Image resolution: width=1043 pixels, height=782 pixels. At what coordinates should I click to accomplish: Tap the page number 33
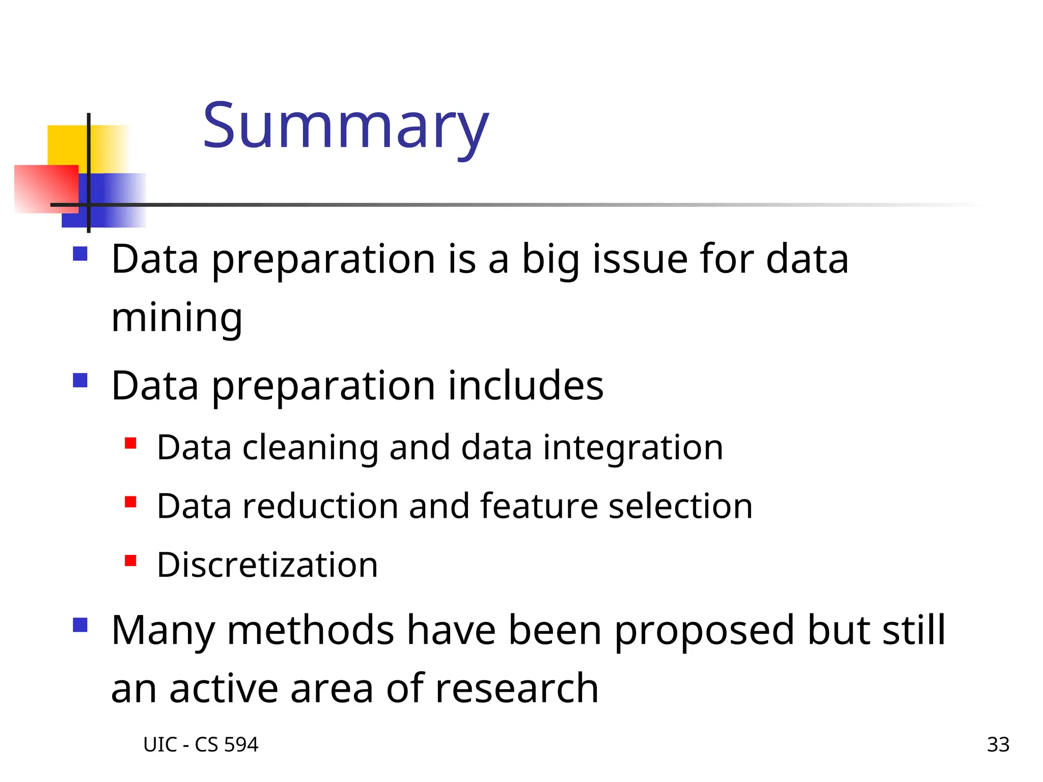(998, 745)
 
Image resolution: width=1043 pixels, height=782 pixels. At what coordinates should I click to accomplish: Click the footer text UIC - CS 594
(201, 745)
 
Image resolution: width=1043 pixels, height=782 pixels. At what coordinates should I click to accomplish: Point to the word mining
(176, 318)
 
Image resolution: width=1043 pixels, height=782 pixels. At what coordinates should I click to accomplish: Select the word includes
(526, 386)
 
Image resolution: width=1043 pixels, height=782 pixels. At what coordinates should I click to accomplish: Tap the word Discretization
(267, 565)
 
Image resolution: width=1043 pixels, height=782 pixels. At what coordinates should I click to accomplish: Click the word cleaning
(310, 448)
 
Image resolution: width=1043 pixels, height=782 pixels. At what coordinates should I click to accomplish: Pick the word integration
(633, 448)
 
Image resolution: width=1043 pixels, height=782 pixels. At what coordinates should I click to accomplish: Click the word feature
(539, 507)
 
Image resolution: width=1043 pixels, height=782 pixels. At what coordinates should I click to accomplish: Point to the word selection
(680, 507)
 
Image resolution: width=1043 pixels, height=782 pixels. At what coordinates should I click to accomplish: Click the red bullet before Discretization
(130, 561)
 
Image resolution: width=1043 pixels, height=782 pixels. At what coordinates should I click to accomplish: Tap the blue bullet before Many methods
(80, 625)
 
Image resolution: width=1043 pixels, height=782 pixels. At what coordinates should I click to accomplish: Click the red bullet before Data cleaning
(130, 443)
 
